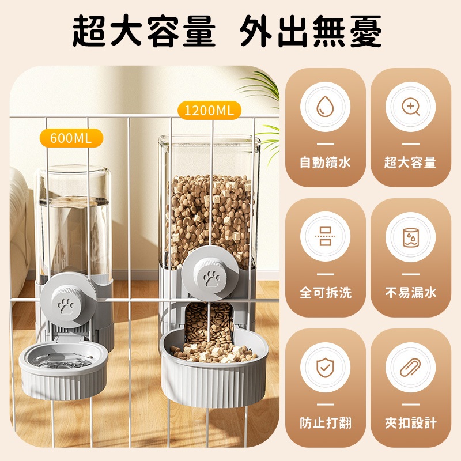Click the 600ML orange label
point(71,138)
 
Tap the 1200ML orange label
point(209,110)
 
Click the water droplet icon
point(325,106)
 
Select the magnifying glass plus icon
point(410,106)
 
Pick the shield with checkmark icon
point(325,367)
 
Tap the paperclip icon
point(410,367)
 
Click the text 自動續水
point(325,163)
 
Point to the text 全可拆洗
point(326,293)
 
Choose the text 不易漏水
point(411,293)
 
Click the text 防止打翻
point(326,423)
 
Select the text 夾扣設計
point(411,423)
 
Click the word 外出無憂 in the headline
point(311,31)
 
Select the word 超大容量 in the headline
point(144,31)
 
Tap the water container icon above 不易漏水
point(410,237)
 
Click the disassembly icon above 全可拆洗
point(325,236)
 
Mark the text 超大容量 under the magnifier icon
point(410,163)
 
